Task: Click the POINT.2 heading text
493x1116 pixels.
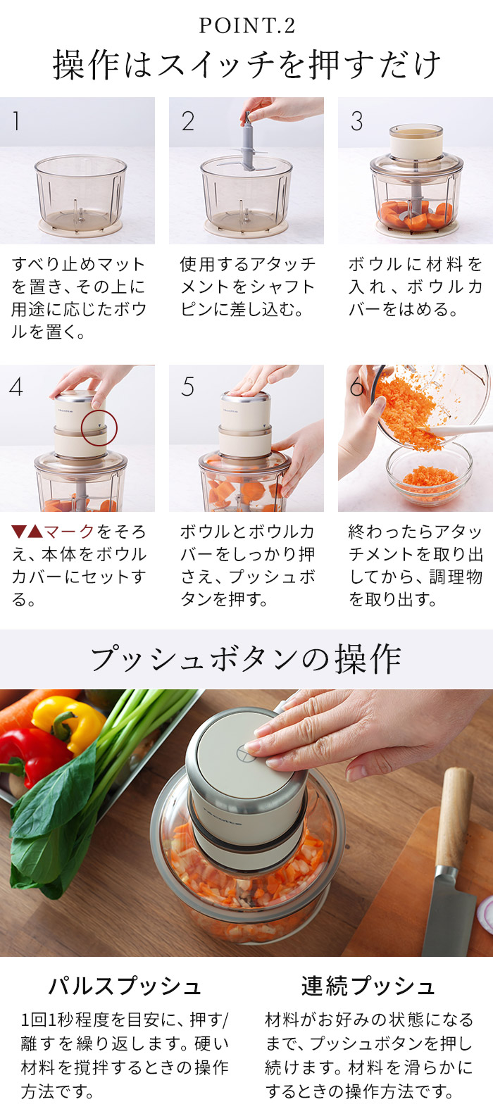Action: click(x=246, y=25)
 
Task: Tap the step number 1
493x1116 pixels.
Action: click(x=16, y=120)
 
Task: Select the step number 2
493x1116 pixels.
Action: click(x=188, y=121)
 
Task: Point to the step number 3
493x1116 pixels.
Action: click(x=357, y=121)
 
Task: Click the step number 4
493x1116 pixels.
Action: click(x=16, y=387)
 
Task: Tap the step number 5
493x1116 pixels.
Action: click(x=187, y=387)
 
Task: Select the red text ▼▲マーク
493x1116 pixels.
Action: click(x=52, y=532)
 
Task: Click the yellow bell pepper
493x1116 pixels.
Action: click(x=68, y=722)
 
